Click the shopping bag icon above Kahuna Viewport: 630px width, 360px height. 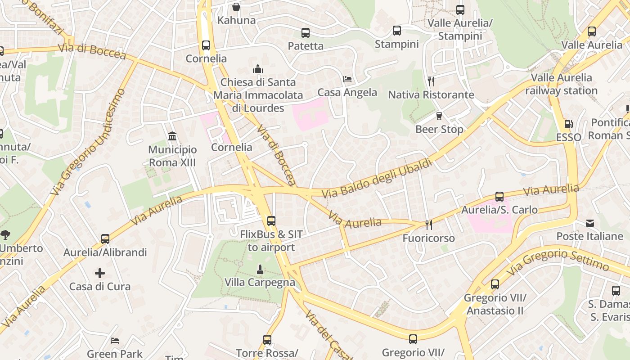pyautogui.click(x=236, y=7)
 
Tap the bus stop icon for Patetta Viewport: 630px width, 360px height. pyautogui.click(x=306, y=32)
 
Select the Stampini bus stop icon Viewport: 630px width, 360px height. pyautogui.click(x=396, y=31)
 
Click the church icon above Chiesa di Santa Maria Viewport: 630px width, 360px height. pyautogui.click(x=258, y=69)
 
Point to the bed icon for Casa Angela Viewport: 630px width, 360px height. pyautogui.click(x=347, y=79)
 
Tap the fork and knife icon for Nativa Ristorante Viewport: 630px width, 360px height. pyautogui.click(x=431, y=81)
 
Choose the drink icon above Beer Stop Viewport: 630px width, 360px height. pyautogui.click(x=439, y=116)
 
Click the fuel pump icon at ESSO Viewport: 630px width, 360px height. pyautogui.click(x=568, y=124)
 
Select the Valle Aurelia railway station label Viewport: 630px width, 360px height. pyautogui.click(x=561, y=84)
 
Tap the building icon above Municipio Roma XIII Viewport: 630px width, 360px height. pyautogui.click(x=172, y=136)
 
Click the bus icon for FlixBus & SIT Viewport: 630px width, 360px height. pyautogui.click(x=271, y=221)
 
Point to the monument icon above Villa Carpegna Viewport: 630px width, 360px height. pyautogui.click(x=260, y=270)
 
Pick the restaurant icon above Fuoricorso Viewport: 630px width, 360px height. pyautogui.click(x=428, y=225)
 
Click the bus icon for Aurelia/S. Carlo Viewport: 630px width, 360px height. pyautogui.click(x=499, y=197)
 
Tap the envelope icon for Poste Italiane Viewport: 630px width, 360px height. pyautogui.click(x=589, y=223)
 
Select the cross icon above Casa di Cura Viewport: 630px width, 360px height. pyautogui.click(x=100, y=273)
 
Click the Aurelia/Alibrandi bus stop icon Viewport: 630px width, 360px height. pyautogui.click(x=105, y=239)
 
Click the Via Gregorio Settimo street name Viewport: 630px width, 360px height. pyautogui.click(x=558, y=261)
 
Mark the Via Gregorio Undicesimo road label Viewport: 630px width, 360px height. pyautogui.click(x=88, y=141)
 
